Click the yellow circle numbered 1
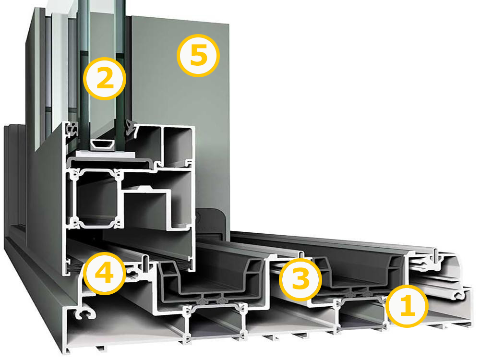407,305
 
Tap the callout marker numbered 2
105,79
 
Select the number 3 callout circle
300,279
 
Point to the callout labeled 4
104,273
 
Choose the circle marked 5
198,55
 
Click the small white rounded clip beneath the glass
103,144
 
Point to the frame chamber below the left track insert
214,324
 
